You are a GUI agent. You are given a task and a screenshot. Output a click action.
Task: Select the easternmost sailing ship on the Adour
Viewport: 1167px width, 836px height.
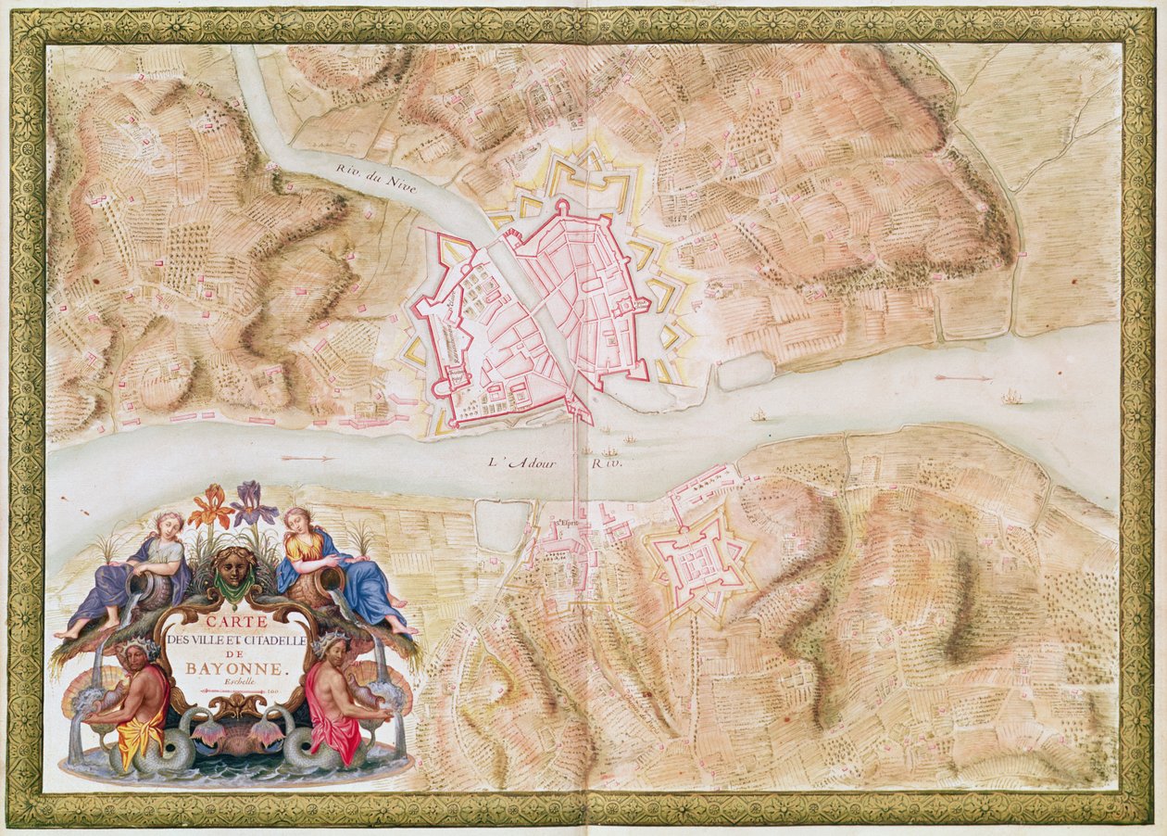pyautogui.click(x=1011, y=398)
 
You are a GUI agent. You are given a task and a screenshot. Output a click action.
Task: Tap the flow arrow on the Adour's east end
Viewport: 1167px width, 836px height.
pyautogui.click(x=963, y=378)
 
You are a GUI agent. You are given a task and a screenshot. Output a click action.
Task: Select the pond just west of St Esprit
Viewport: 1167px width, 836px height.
pyautogui.click(x=501, y=526)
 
